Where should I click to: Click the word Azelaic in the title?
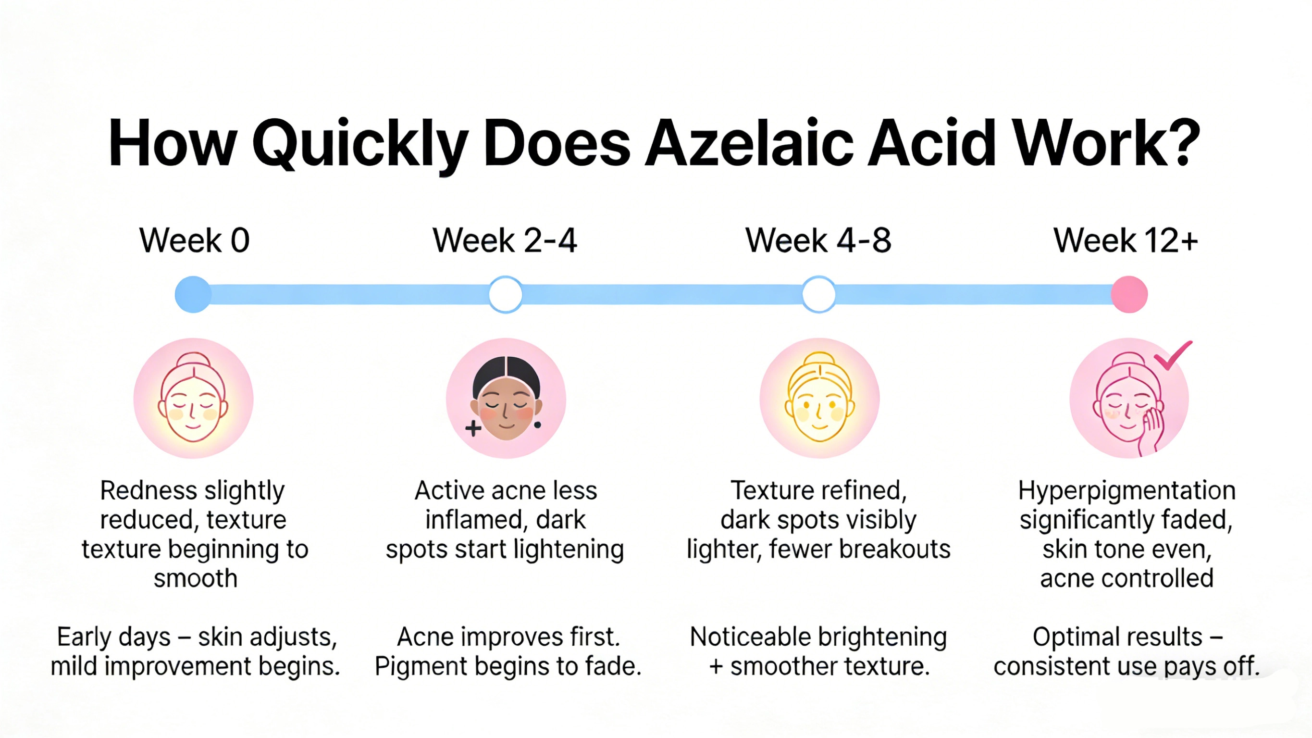pos(749,144)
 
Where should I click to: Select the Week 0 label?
pos(195,240)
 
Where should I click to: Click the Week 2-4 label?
pos(505,240)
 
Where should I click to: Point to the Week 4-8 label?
pos(818,240)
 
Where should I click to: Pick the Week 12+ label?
pos(1126,240)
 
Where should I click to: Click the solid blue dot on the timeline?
pos(193,295)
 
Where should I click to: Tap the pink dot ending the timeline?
pos(1129,295)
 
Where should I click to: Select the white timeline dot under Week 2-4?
pos(505,295)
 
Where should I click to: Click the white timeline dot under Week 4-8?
pos(818,295)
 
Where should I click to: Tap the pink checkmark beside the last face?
pos(1173,355)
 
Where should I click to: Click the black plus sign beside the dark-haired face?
pos(473,428)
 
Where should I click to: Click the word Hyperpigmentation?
pos(1126,491)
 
